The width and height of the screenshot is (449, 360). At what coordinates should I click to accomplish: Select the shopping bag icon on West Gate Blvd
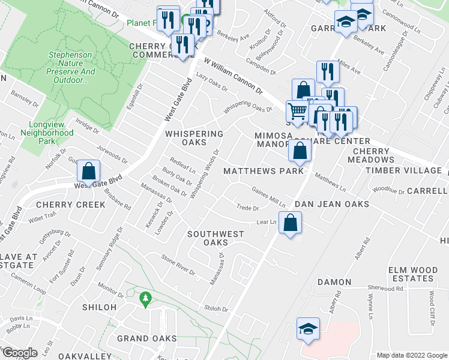pos(88,171)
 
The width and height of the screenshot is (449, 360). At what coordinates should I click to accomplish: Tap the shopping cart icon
pos(297,111)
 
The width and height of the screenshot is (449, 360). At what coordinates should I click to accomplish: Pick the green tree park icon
pos(145,298)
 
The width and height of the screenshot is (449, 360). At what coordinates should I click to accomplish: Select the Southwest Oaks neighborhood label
pos(215,238)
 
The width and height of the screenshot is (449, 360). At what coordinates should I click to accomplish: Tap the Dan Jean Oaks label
pos(331,205)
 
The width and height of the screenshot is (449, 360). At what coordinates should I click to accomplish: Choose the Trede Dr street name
pos(247,208)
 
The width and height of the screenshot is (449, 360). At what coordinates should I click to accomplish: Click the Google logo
pos(20,353)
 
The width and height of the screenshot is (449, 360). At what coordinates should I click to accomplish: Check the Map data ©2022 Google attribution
pos(411,355)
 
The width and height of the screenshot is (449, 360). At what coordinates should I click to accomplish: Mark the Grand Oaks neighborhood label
pos(146,338)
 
